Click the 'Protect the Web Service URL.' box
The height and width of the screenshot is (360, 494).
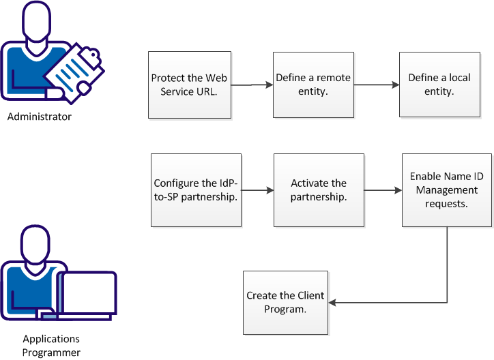tap(188, 85)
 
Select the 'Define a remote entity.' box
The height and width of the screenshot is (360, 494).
tap(313, 85)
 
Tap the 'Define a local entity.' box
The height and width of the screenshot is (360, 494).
tap(439, 85)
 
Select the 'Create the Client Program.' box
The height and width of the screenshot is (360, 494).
tap(285, 302)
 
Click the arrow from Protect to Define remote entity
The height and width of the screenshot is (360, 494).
tap(250, 85)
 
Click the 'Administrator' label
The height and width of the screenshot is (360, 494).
tap(39, 117)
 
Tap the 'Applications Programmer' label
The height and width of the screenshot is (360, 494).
tap(51, 346)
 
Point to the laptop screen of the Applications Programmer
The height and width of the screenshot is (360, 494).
tap(88, 295)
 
